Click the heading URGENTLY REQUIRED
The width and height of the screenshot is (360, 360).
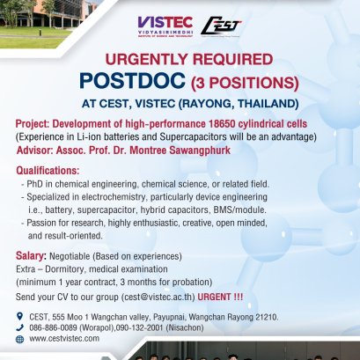[x=188, y=61]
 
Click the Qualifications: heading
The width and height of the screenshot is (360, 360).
[x=53, y=170]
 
